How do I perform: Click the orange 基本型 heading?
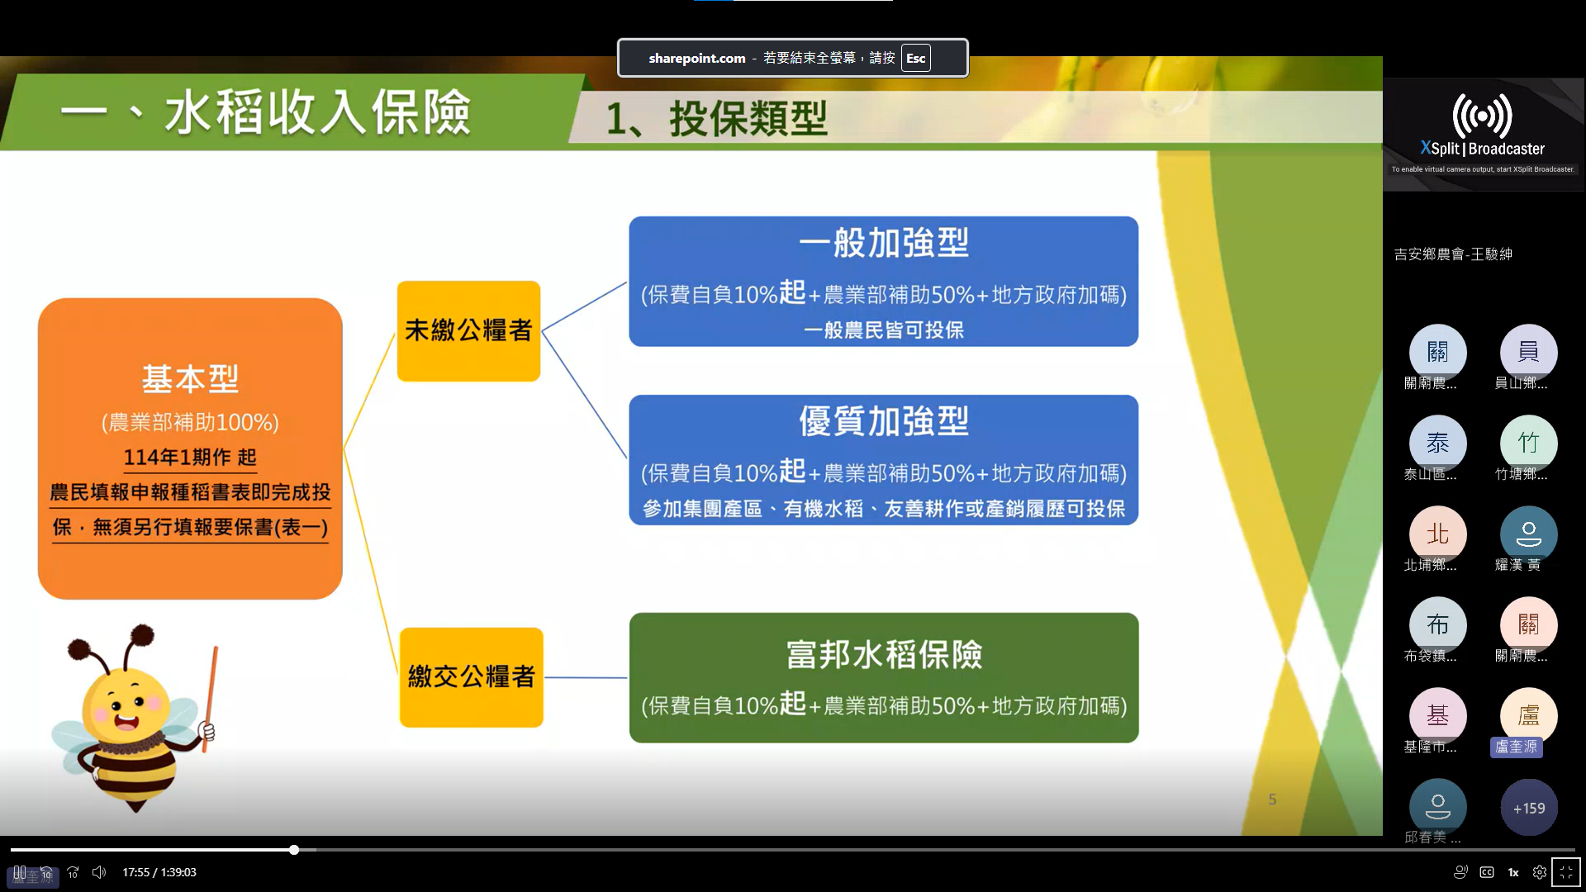pyautogui.click(x=190, y=379)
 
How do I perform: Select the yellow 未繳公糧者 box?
pyautogui.click(x=468, y=330)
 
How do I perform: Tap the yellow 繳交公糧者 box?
pyautogui.click(x=471, y=677)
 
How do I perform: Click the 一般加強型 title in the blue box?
pyautogui.click(x=884, y=243)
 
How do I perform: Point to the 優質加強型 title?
pyautogui.click(x=884, y=421)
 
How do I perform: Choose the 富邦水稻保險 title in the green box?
pyautogui.click(x=884, y=655)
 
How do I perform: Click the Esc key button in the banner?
pyautogui.click(x=915, y=58)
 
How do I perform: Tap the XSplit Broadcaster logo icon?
pyautogui.click(x=1482, y=115)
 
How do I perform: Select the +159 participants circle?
pyautogui.click(x=1529, y=808)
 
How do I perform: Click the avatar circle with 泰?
pyautogui.click(x=1437, y=444)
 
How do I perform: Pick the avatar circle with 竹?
pyautogui.click(x=1529, y=444)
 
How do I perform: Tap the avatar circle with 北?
pyautogui.click(x=1437, y=534)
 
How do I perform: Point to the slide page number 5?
pyautogui.click(x=1272, y=799)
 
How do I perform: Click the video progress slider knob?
pyautogui.click(x=294, y=850)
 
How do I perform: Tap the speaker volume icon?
pyautogui.click(x=99, y=872)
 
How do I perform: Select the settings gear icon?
pyautogui.click(x=1540, y=872)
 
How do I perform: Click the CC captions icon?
pyautogui.click(x=1487, y=872)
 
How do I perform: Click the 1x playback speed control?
pyautogui.click(x=1513, y=872)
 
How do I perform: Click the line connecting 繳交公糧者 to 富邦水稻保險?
pyautogui.click(x=586, y=677)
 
